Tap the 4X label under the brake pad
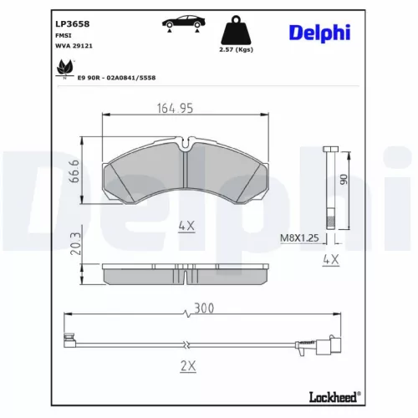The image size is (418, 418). (x=186, y=226)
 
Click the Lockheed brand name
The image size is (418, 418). (x=332, y=395)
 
